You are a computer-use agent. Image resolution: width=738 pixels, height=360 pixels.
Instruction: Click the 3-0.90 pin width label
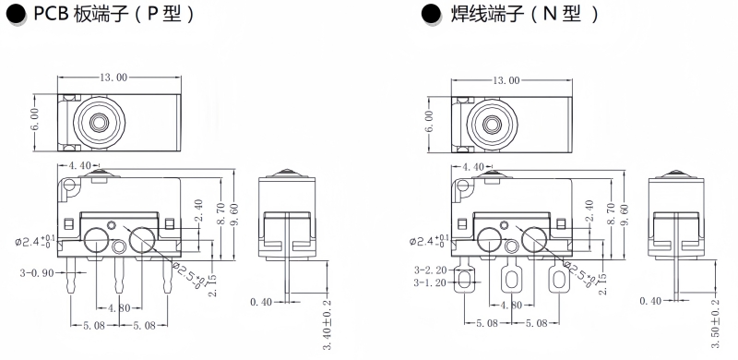click(37, 273)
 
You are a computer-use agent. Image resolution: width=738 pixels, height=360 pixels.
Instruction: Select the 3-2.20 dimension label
click(431, 270)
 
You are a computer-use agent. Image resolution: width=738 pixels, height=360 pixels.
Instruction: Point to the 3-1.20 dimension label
click(431, 282)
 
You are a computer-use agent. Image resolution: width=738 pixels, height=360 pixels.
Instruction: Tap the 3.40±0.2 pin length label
click(327, 325)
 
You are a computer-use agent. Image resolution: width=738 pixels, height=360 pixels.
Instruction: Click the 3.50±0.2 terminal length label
click(716, 323)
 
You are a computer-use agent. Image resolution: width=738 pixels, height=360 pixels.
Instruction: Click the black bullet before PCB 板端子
click(17, 14)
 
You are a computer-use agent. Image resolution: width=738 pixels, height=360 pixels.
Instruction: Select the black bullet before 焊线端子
click(431, 14)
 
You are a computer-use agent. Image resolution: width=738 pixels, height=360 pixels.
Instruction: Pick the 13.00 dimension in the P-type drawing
click(113, 78)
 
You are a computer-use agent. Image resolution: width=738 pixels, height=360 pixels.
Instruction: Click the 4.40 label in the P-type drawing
click(79, 165)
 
